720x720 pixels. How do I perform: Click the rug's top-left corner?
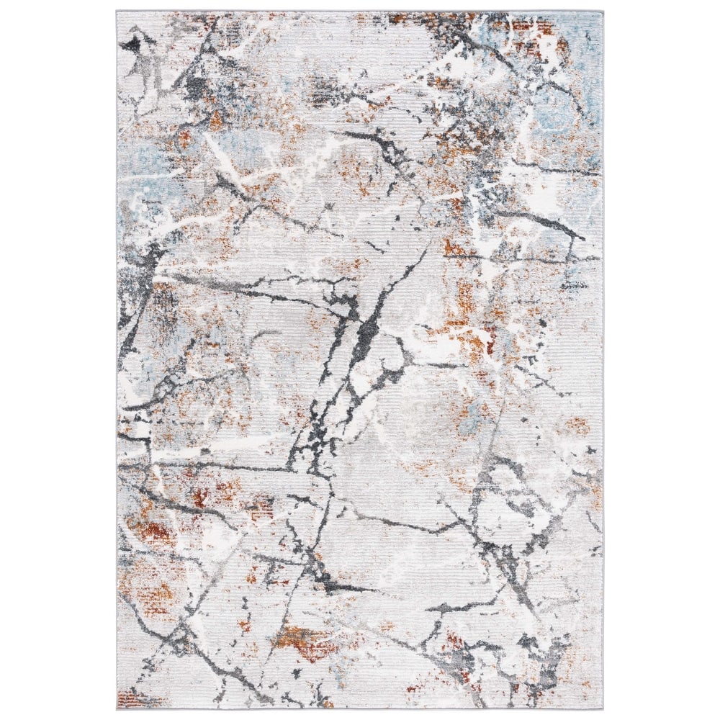click(x=117, y=12)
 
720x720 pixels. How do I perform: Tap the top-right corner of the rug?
click(x=603, y=12)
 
